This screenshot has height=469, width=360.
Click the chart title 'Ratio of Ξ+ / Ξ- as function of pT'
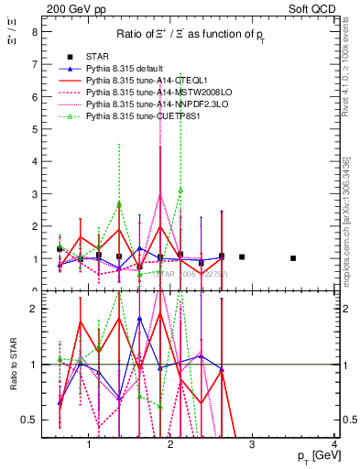coord(191,35)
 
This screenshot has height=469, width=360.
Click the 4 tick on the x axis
coord(335,446)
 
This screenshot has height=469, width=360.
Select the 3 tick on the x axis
coord(253,446)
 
